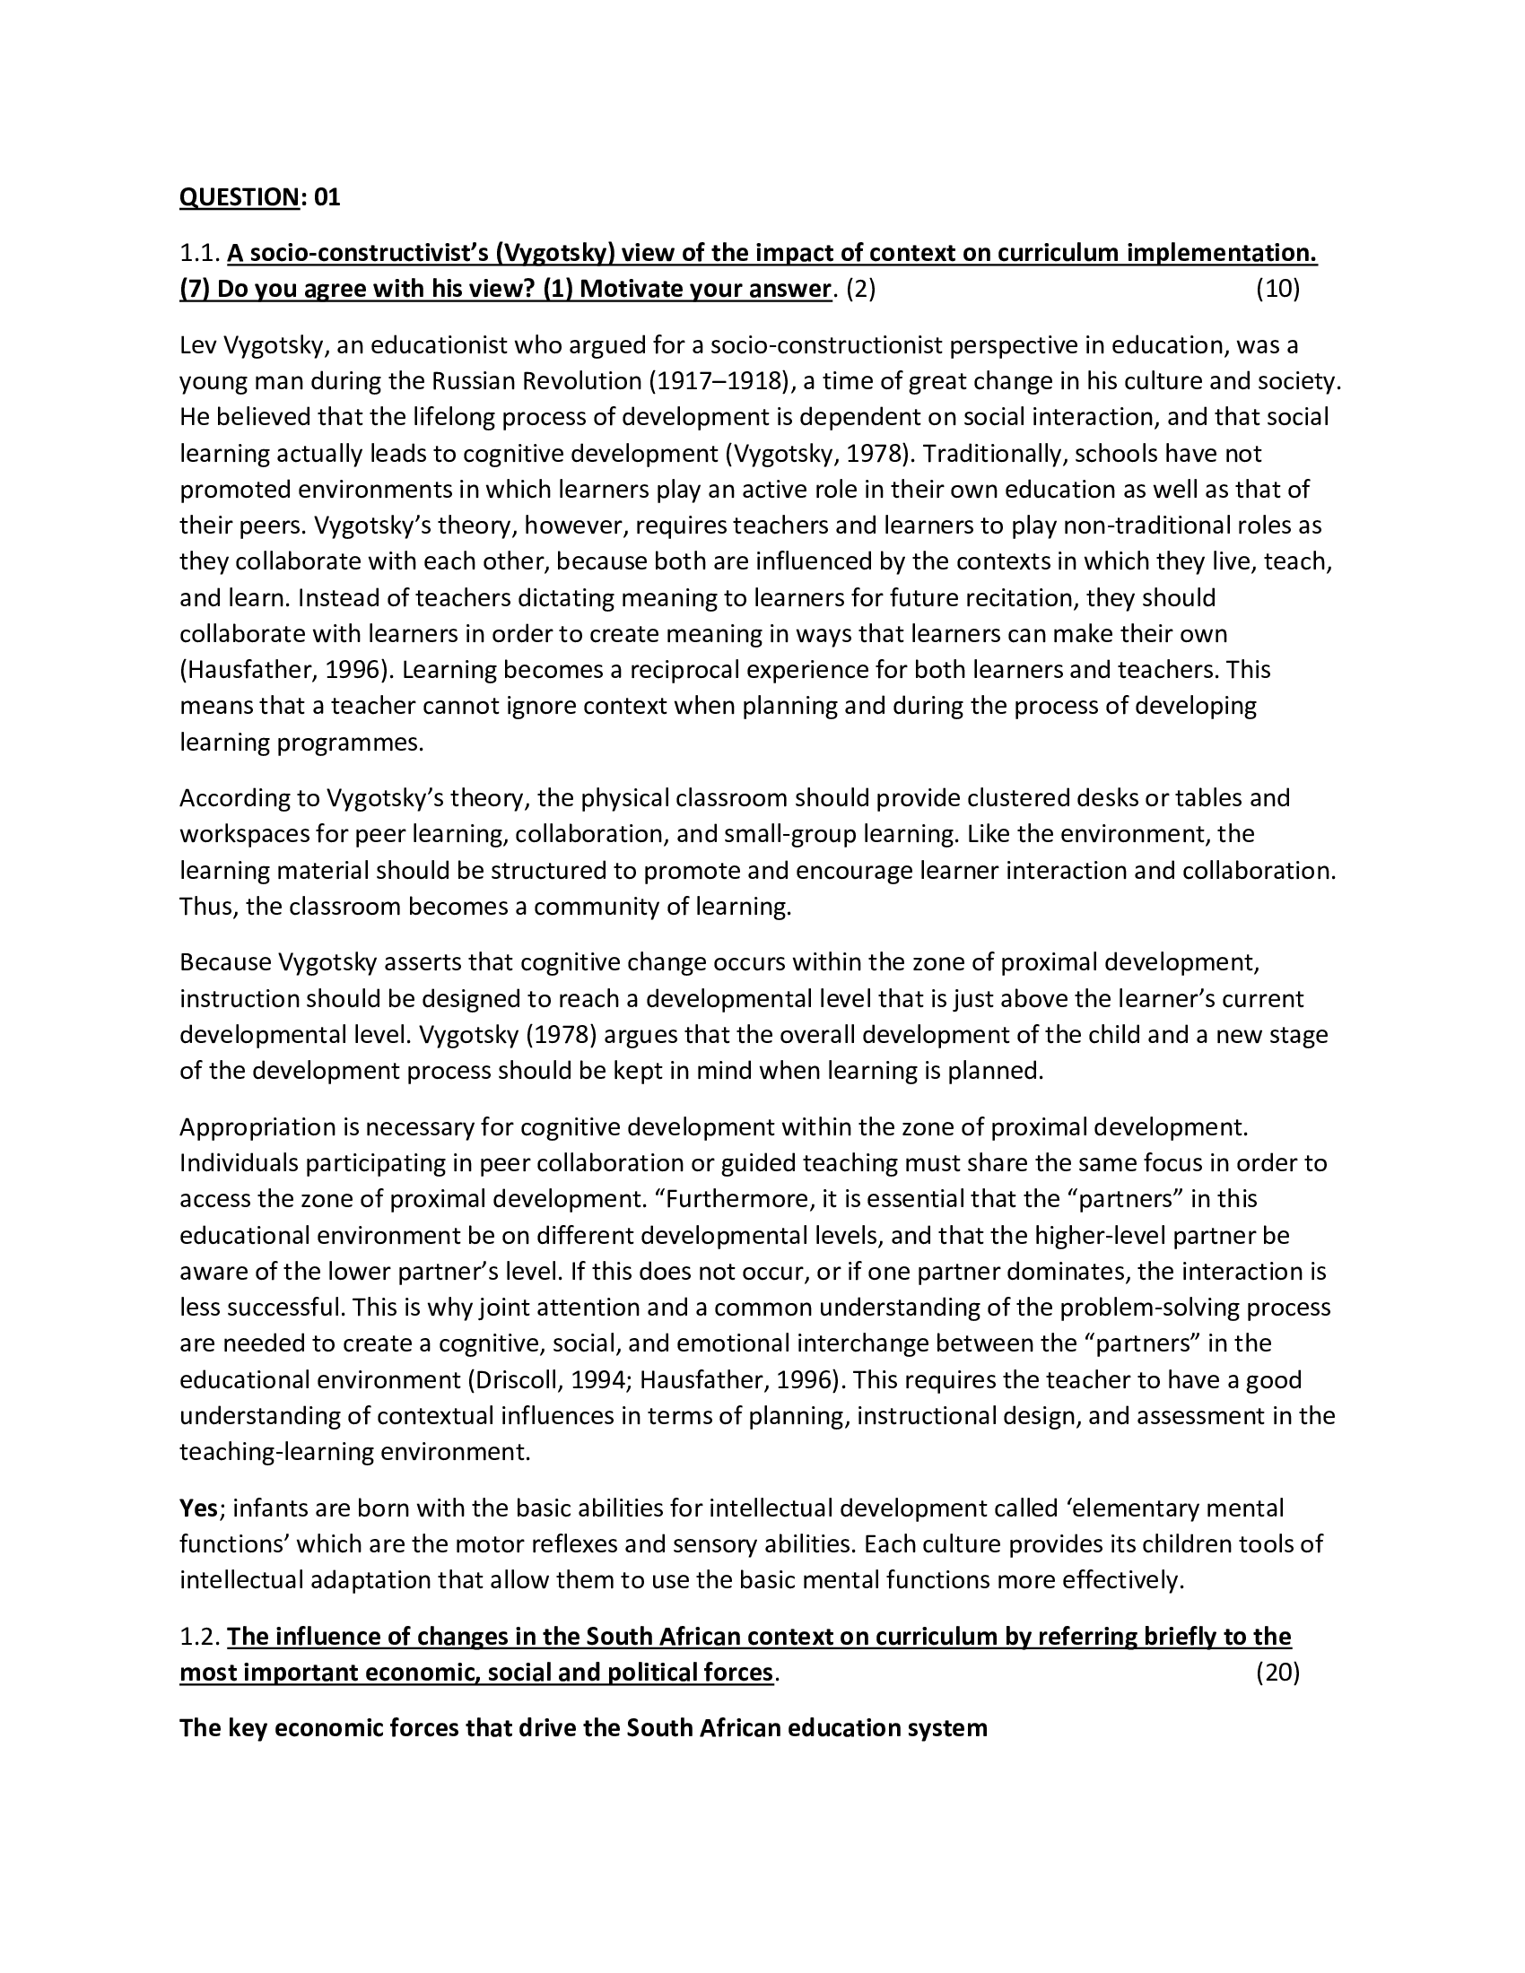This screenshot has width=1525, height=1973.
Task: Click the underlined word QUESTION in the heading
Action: point(239,197)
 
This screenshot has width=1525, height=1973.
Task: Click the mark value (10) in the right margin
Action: point(1277,289)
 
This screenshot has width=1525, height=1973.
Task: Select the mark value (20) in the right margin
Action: point(1277,1673)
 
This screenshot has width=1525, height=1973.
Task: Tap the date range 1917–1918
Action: point(717,380)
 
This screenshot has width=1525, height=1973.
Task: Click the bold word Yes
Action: point(198,1508)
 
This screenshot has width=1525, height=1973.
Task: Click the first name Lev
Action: point(197,344)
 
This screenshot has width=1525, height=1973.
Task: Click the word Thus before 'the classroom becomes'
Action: point(207,906)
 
